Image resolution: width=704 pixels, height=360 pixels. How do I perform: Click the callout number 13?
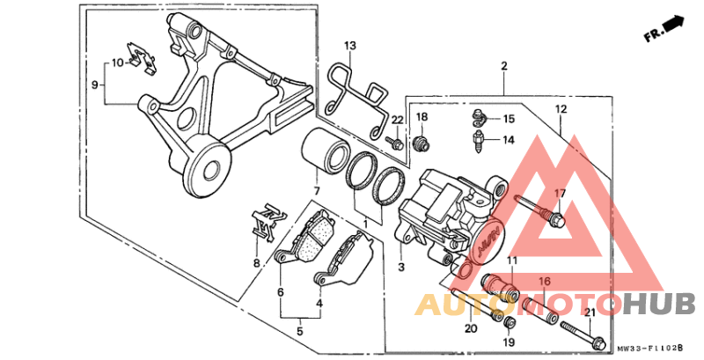[350, 45]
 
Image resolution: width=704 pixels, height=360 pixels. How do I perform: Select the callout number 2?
[504, 66]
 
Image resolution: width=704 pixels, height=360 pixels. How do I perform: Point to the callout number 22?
[398, 120]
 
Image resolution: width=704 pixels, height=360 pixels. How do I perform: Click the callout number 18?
[422, 117]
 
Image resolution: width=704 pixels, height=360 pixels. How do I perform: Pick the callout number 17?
[560, 193]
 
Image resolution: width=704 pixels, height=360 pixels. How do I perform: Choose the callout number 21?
[590, 312]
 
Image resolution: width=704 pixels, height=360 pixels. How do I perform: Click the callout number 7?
[317, 191]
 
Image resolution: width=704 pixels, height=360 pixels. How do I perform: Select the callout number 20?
[471, 328]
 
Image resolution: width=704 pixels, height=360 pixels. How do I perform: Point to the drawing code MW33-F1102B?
[656, 349]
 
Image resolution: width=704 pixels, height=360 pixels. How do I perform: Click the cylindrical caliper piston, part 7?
[325, 150]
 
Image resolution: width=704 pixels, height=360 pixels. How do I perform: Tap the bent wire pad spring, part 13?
[356, 97]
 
